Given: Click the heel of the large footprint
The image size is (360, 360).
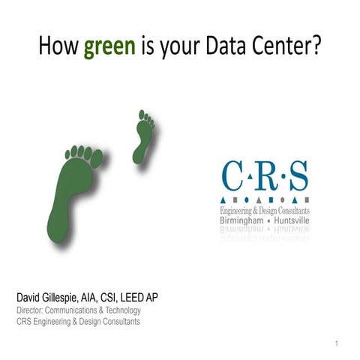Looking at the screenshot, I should [x=59, y=228].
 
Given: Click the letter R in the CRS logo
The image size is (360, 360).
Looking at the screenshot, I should [x=265, y=178].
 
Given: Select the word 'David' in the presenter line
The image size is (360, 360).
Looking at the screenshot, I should [x=31, y=298].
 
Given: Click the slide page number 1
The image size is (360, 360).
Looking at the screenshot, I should [x=339, y=343].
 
